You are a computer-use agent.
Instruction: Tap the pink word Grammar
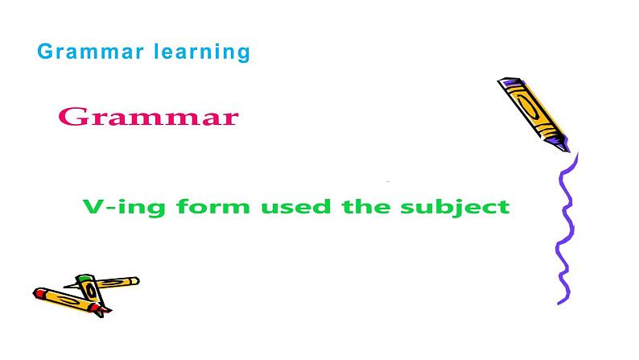(149, 118)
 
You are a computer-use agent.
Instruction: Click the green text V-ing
(113, 207)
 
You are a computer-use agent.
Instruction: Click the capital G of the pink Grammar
(73, 118)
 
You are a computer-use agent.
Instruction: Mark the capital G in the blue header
(45, 52)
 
